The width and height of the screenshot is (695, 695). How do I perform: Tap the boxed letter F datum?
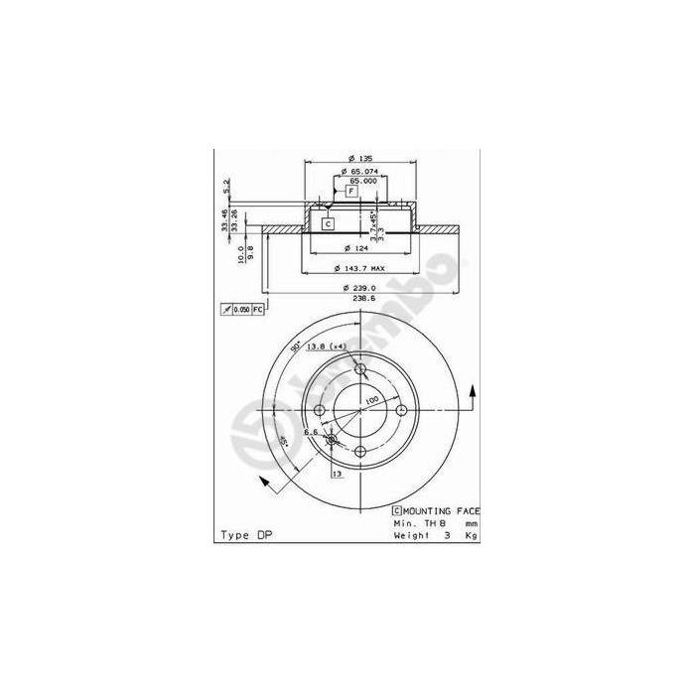(x=350, y=191)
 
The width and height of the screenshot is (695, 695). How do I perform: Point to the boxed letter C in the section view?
(x=328, y=224)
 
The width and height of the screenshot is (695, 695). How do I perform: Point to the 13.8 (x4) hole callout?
(x=328, y=347)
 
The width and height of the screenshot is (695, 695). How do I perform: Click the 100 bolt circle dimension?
(x=370, y=400)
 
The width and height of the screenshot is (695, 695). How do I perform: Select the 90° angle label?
(x=295, y=347)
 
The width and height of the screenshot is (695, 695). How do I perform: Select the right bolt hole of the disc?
(x=402, y=411)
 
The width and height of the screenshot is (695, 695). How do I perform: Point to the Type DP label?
(x=245, y=534)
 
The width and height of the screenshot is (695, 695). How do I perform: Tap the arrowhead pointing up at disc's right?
(x=472, y=395)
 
